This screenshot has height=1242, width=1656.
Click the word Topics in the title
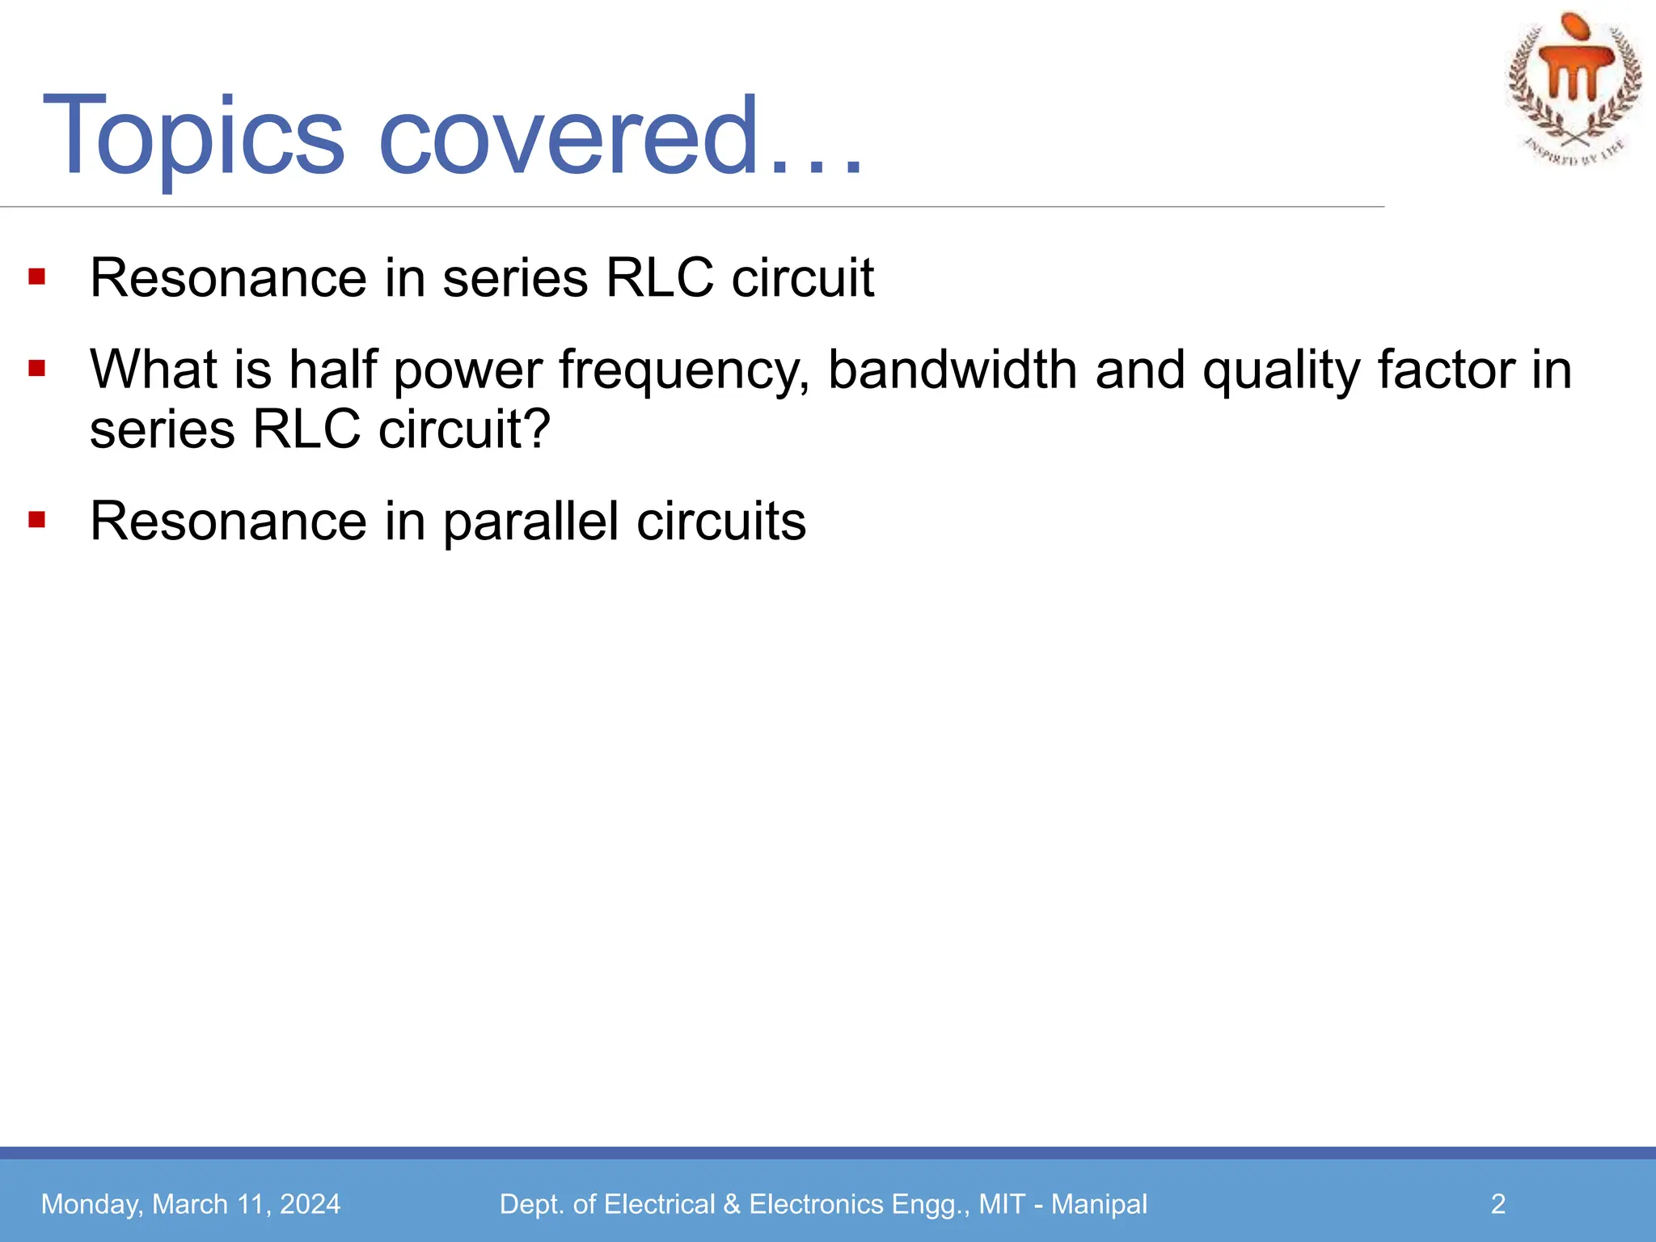pos(194,137)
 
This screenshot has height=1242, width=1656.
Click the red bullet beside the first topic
pos(36,277)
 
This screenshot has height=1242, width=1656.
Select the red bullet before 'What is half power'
pos(36,370)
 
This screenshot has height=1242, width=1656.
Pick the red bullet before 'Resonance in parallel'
pos(36,519)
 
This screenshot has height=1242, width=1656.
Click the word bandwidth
pos(953,370)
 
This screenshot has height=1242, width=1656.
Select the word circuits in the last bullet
pos(721,522)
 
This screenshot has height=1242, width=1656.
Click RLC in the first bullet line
pos(660,278)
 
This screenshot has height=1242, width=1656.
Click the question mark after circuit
pos(537,429)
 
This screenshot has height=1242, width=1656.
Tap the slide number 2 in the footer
pos(1498,1204)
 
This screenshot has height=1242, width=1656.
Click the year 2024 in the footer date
pos(310,1204)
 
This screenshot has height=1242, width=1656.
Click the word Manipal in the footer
pos(1099,1204)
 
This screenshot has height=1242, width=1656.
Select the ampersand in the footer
pos(732,1204)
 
